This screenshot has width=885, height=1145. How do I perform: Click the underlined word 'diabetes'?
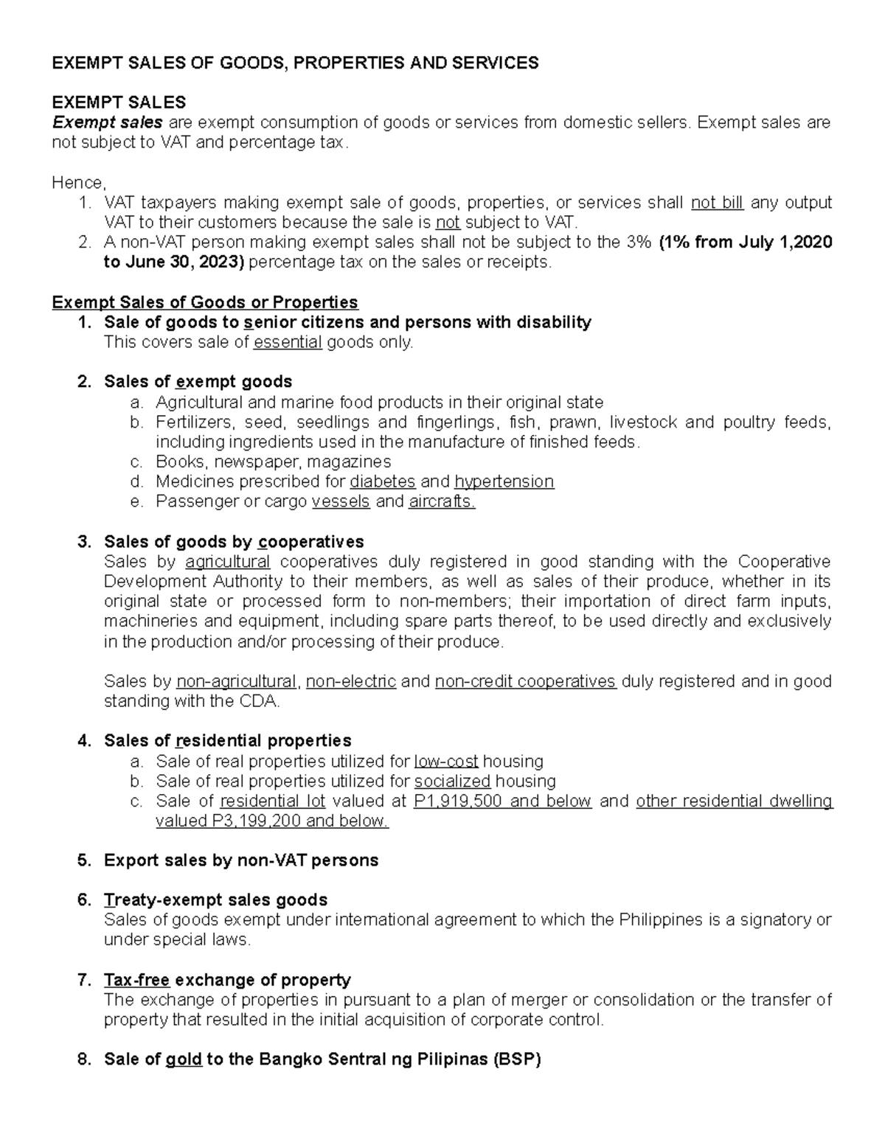(x=382, y=482)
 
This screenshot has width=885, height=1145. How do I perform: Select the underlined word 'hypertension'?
(x=504, y=482)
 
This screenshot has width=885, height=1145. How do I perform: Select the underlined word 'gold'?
(x=184, y=1060)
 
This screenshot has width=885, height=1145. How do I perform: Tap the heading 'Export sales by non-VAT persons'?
(x=241, y=861)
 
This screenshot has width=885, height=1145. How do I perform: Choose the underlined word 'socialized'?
(x=452, y=782)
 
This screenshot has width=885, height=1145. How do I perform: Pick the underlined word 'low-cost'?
(x=446, y=762)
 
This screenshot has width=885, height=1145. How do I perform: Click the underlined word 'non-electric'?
(x=351, y=682)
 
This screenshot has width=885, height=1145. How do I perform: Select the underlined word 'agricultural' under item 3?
(x=228, y=563)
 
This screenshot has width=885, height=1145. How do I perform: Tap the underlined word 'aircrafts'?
(x=441, y=502)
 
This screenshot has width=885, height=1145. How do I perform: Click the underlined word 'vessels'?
(x=341, y=502)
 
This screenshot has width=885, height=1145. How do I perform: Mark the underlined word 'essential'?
(x=288, y=343)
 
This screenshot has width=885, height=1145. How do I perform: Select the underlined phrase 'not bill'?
(x=717, y=203)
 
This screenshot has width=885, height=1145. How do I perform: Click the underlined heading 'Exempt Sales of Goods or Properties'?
(x=205, y=303)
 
